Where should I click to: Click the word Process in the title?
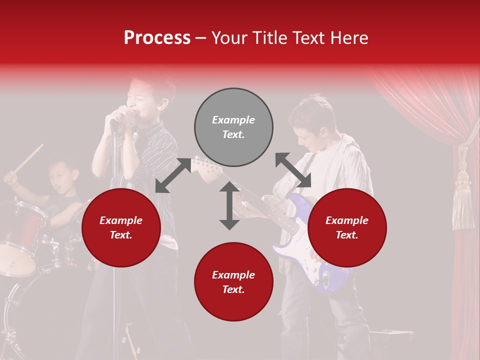tap(157, 38)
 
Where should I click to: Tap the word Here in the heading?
tap(348, 38)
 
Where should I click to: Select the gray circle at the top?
tap(233, 127)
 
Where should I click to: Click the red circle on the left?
tap(121, 228)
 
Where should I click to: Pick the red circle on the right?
tap(347, 228)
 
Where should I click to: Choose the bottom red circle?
tap(233, 282)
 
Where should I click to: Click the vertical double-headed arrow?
tap(229, 205)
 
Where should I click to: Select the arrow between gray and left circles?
tap(173, 175)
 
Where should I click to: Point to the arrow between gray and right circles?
tap(293, 170)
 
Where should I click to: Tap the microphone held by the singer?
tap(122, 114)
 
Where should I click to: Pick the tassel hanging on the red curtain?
tap(462, 200)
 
